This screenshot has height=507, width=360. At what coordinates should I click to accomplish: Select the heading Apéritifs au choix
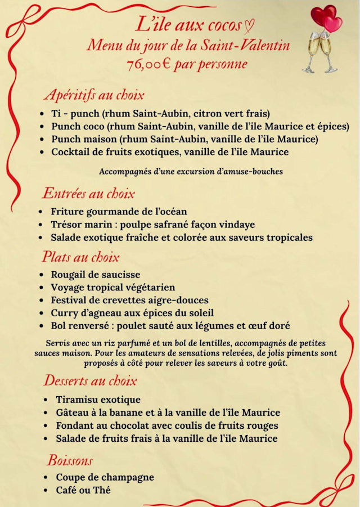pos(94,94)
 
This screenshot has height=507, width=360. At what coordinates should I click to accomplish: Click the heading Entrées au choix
pos(88,194)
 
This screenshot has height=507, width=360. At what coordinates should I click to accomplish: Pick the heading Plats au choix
pos(80,257)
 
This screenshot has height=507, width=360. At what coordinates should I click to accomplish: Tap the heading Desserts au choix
pos(90,380)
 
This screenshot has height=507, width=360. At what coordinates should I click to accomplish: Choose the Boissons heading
pos(70,460)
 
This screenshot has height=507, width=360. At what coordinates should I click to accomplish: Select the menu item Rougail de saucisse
pos(96,275)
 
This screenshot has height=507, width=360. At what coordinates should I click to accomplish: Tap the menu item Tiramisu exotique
pos(98,400)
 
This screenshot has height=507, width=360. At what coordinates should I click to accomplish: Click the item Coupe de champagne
pos(105,477)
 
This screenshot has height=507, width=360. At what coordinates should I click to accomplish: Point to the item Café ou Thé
pos(83,490)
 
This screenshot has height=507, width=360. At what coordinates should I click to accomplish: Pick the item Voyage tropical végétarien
pos(112,287)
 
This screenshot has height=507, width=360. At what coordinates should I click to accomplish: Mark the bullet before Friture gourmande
pos(41,212)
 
